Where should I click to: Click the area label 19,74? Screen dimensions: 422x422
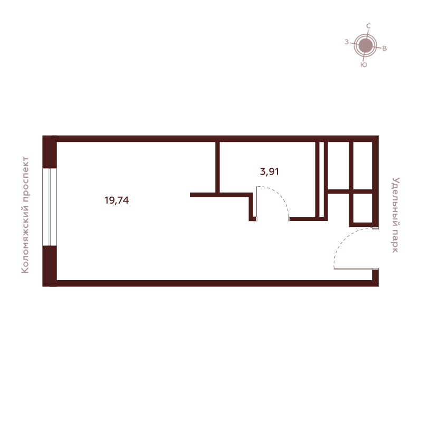pos(117,200)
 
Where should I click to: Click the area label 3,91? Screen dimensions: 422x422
pos(269,171)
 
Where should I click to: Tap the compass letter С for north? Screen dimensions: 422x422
pos(368,26)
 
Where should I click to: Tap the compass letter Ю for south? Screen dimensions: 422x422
pos(363,65)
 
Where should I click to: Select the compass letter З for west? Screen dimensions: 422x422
pos(347,42)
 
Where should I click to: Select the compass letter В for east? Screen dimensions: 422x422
pos(385,49)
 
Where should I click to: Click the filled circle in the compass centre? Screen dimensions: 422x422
pos(365,45)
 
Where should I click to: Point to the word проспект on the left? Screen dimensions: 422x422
pos(25,178)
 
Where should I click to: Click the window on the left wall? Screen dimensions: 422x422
pos(50,207)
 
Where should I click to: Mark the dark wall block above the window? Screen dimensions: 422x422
pos(50,152)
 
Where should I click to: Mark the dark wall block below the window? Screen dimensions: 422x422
pos(50,266)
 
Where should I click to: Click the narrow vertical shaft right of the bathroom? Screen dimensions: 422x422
pos(321,179)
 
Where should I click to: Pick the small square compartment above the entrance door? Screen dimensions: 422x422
pos(362,208)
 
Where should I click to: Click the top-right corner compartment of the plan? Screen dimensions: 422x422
pos(362,166)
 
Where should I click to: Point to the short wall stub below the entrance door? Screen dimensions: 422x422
pos(375,277)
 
